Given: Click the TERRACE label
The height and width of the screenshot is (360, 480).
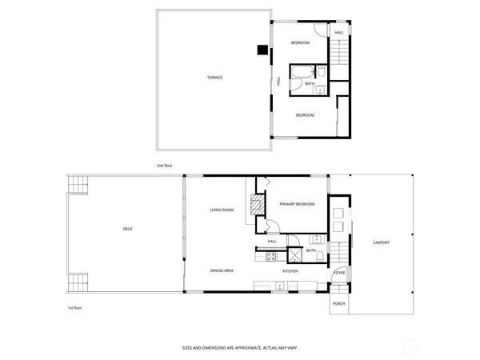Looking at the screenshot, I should click(214, 78).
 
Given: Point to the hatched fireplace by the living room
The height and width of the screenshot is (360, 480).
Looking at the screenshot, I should click(257, 206).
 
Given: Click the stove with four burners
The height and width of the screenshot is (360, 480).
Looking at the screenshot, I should click(270, 257).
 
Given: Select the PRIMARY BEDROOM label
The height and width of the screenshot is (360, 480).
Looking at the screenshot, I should click(297, 205).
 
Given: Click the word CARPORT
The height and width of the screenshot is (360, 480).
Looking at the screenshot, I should click(381, 242).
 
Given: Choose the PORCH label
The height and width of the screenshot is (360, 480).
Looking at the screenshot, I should click(339, 304).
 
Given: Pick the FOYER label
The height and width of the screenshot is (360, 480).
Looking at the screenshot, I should click(339, 273).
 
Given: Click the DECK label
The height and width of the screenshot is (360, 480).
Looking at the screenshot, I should click(128, 230).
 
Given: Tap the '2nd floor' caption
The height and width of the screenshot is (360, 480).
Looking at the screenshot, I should click(165, 166).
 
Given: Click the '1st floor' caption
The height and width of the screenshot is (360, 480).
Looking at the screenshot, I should click(74, 307).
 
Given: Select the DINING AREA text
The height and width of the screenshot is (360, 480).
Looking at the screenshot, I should click(222, 271).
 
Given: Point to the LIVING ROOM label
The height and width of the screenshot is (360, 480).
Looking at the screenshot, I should click(222, 210).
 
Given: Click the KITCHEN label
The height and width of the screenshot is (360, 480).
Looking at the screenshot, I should click(290, 271).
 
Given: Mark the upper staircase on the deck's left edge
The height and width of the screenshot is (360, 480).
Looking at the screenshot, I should click(78, 184).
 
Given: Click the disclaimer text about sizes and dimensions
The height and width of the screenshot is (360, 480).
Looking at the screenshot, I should click(239, 349).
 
